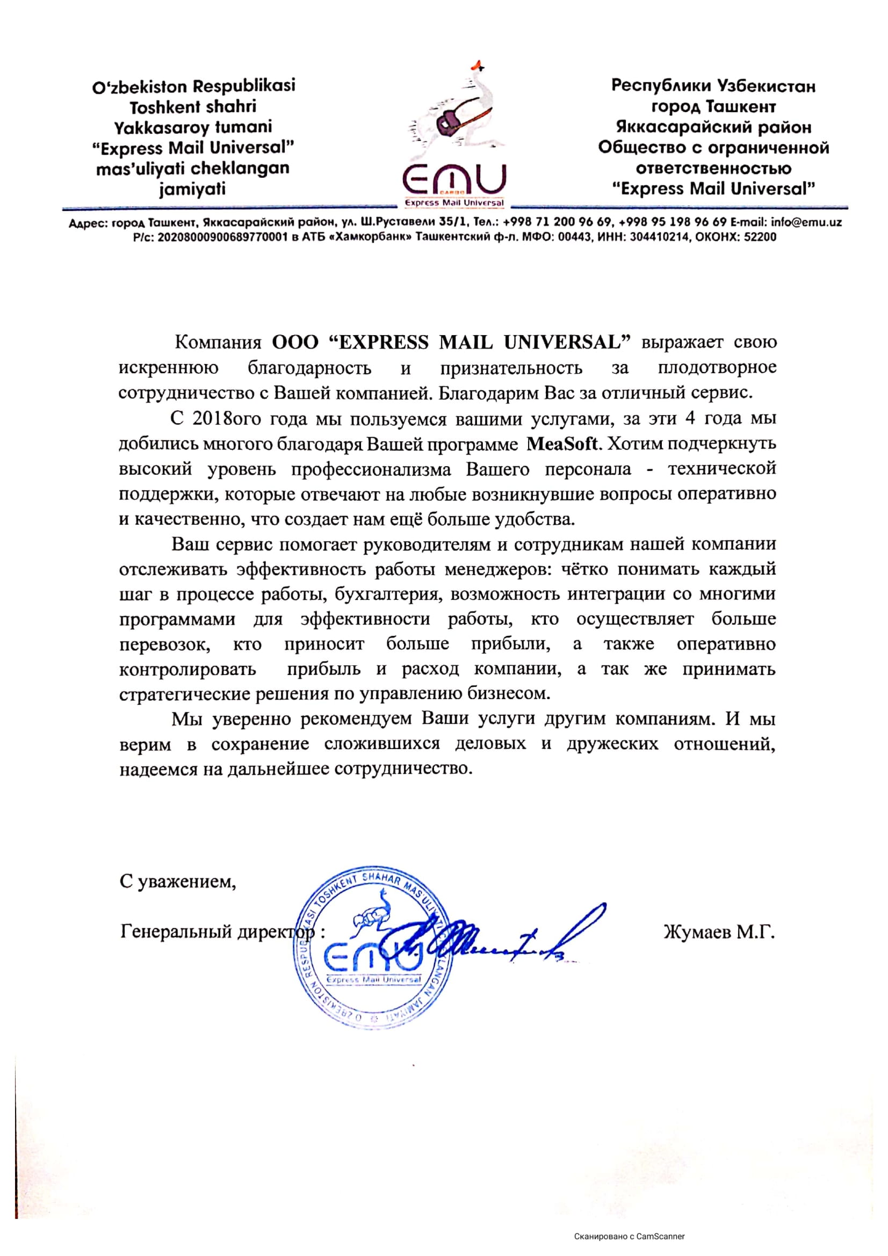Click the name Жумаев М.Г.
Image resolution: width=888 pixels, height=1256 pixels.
pos(719,932)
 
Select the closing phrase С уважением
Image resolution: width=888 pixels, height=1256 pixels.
pos(178,882)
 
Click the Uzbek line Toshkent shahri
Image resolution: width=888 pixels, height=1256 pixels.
pos(193,107)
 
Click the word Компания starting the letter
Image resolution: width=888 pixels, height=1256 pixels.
pos(218,343)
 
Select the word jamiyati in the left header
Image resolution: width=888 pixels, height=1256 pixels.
pos(193,189)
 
